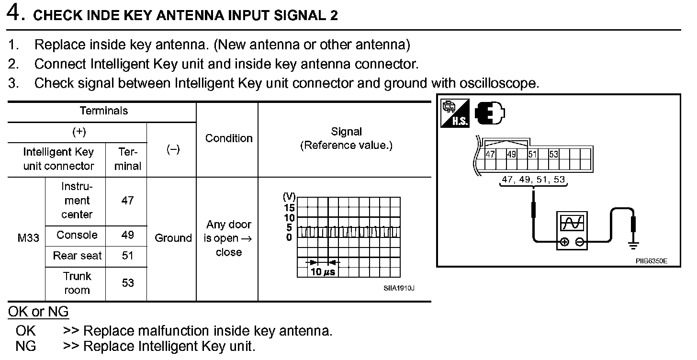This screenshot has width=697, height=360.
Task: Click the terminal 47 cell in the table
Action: pos(127,200)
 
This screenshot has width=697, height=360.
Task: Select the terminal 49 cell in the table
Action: pos(127,235)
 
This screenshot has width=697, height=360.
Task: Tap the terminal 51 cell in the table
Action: pos(127,256)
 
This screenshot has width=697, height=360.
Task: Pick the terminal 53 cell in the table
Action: pos(127,283)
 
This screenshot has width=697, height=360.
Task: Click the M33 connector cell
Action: pos(28,238)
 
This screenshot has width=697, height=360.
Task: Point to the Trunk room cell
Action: pos(77,283)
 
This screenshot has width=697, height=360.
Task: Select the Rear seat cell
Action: pos(77,256)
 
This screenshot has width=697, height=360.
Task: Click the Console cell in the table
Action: pos(77,235)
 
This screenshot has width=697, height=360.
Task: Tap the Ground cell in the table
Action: pos(173,238)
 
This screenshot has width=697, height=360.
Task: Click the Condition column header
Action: pos(228,138)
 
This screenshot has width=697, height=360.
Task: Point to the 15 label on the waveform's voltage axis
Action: pos(289,207)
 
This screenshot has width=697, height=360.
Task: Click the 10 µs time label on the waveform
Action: pos(323,272)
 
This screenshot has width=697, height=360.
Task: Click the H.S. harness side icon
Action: pos(455,113)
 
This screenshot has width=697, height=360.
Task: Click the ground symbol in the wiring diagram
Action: pos(634,246)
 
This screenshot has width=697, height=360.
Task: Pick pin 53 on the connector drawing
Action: pos(554,154)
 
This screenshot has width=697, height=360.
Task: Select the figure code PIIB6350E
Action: pos(652,261)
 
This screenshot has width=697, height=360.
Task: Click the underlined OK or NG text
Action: pos(38,312)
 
